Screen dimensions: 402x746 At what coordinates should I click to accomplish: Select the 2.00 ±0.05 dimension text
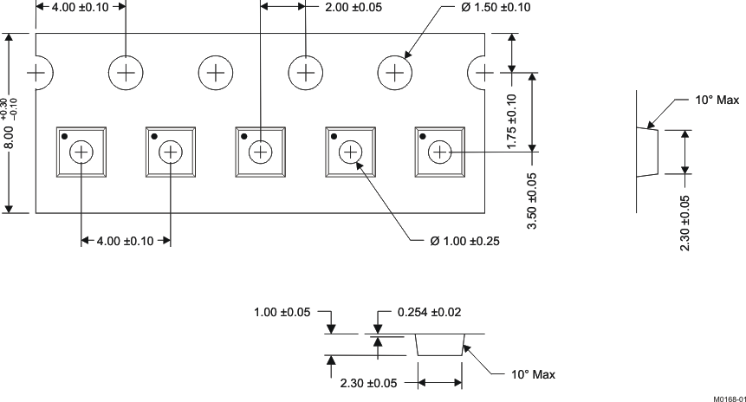[x=353, y=8]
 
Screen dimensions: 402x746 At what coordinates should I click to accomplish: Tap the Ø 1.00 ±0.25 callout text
[x=464, y=241]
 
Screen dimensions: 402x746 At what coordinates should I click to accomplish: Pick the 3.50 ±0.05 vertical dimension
[x=531, y=200]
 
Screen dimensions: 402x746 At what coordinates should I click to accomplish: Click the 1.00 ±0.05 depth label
[x=282, y=312]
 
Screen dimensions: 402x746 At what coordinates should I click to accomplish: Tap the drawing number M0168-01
[x=728, y=398]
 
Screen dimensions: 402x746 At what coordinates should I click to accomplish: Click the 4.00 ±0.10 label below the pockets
[x=125, y=241]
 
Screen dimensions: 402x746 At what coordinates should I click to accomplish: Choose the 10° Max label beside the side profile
[x=717, y=100]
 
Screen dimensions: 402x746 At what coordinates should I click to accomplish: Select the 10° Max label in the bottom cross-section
[x=532, y=374]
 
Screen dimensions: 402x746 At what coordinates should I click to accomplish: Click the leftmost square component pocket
[x=81, y=152]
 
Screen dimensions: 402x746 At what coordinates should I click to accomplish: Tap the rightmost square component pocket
[x=439, y=152]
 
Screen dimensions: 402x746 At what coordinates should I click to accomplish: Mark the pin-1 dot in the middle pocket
[x=244, y=136]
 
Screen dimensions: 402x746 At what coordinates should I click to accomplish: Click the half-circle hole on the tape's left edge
[x=41, y=73]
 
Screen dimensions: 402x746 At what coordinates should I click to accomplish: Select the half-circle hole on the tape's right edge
[x=478, y=73]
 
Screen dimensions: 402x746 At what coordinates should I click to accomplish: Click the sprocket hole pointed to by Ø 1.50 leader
[x=395, y=73]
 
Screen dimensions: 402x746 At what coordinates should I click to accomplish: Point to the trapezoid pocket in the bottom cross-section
[x=439, y=345]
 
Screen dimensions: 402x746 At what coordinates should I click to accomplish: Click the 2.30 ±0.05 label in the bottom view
[x=370, y=382]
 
